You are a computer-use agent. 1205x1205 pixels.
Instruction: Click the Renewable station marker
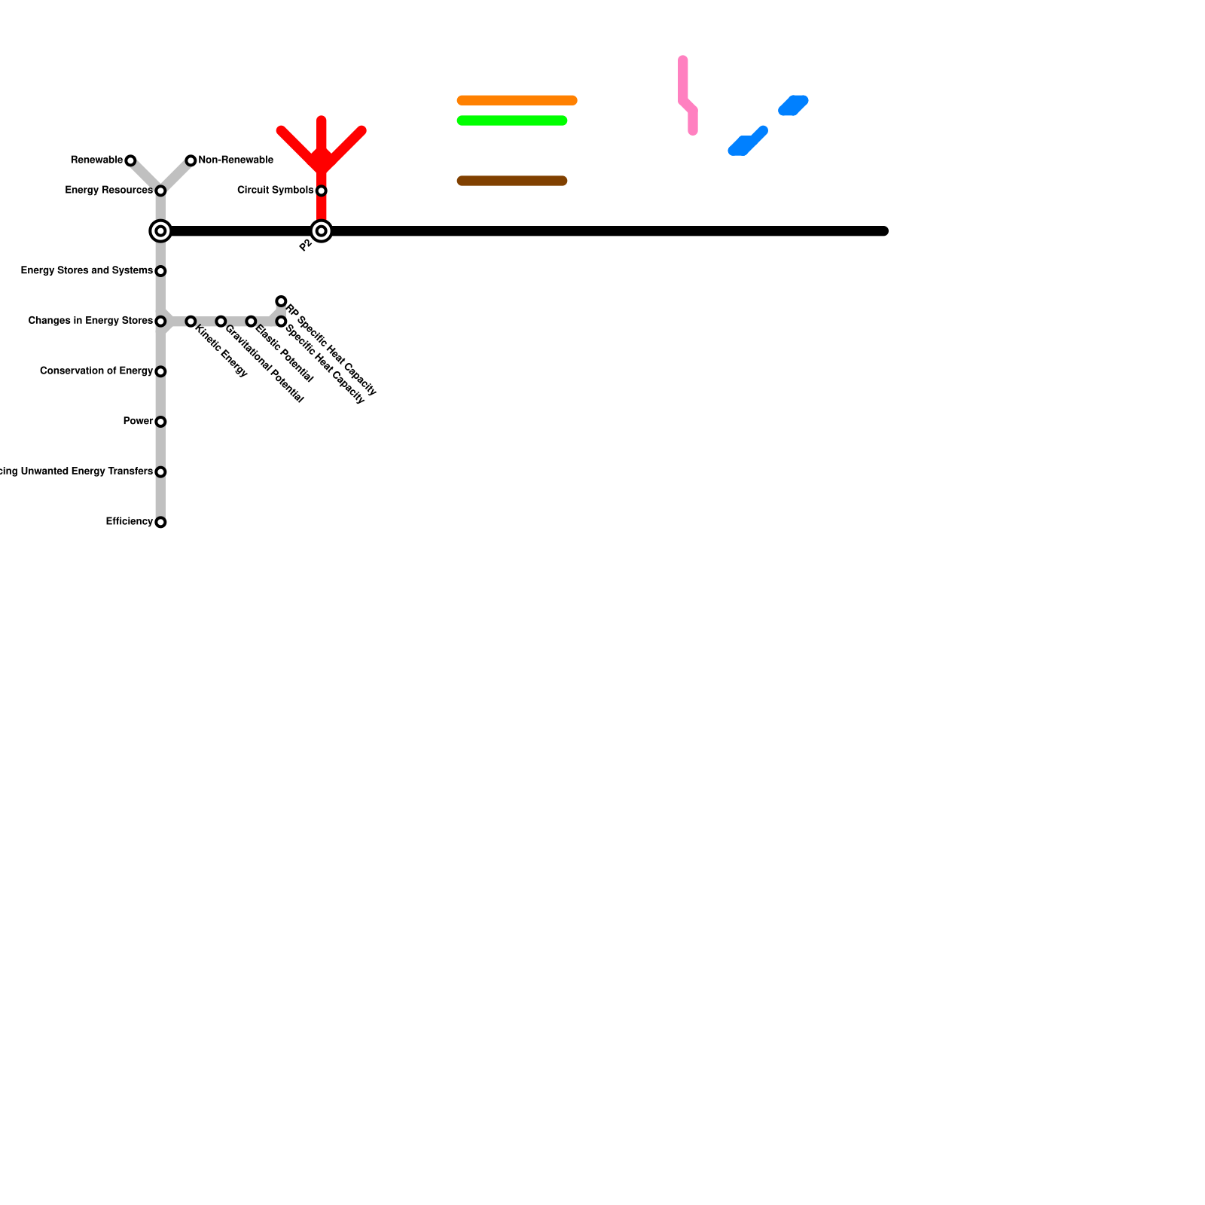coord(130,160)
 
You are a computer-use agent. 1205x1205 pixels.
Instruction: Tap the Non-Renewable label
coord(235,160)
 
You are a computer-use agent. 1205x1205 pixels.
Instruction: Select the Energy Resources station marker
coord(160,191)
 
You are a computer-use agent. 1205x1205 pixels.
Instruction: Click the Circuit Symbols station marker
coord(322,191)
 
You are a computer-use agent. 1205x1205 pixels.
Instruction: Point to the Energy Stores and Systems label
coord(87,270)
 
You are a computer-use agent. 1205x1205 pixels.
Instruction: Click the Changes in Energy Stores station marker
coord(160,322)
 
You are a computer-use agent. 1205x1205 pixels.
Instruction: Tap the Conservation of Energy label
coord(96,371)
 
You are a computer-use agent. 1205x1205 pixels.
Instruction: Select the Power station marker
coord(160,422)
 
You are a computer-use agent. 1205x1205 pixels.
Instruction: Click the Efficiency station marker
coord(160,522)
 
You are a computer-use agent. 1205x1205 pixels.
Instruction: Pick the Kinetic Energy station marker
coord(191,322)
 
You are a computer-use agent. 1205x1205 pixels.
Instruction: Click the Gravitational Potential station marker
coord(221,322)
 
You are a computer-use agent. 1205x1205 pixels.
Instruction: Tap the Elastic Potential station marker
coord(251,322)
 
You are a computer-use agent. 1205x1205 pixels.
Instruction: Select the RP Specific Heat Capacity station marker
coord(281,301)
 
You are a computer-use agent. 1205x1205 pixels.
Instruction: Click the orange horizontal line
coord(517,100)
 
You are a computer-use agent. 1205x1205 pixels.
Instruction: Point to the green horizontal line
coord(512,120)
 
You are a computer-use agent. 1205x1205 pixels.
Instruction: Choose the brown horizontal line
coord(512,181)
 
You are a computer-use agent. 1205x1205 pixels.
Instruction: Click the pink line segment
coord(683,83)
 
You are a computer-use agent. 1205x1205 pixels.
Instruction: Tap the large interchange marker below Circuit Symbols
coord(322,231)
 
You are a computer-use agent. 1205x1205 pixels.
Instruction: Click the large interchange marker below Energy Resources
coord(160,231)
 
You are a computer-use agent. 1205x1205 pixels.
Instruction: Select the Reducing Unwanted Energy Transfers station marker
coord(160,472)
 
